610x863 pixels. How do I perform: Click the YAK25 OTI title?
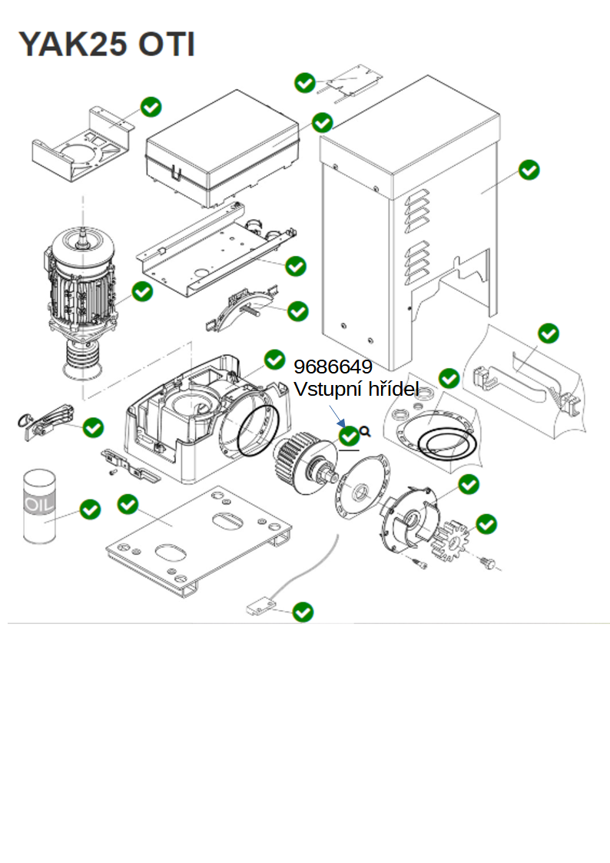pyautogui.click(x=107, y=44)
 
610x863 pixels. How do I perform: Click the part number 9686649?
pyautogui.click(x=333, y=367)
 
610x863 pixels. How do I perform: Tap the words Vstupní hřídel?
pyautogui.click(x=356, y=389)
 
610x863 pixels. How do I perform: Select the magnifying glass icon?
pyautogui.click(x=365, y=431)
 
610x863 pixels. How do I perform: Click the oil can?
pyautogui.click(x=40, y=506)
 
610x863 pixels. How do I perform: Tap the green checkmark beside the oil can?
pyautogui.click(x=90, y=510)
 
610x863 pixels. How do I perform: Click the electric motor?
pyautogui.click(x=81, y=303)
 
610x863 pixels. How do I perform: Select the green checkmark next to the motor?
pyautogui.click(x=142, y=291)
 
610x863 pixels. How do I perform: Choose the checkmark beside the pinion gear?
pyautogui.click(x=486, y=524)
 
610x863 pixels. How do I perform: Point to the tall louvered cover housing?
pyautogui.click(x=409, y=223)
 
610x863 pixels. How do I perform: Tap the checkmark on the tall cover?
pyautogui.click(x=529, y=170)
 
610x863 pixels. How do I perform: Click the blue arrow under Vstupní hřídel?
pyautogui.click(x=337, y=416)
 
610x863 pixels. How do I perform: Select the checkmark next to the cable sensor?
pyautogui.click(x=303, y=612)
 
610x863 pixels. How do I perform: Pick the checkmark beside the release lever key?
pyautogui.click(x=93, y=427)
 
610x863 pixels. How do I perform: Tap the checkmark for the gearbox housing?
pyautogui.click(x=274, y=360)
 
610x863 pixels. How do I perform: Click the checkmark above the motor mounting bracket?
pyautogui.click(x=151, y=107)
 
